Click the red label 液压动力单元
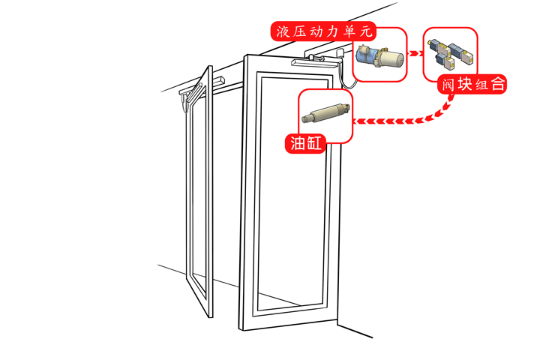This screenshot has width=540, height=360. tap(323, 32)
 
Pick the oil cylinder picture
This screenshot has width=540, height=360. tap(325, 114)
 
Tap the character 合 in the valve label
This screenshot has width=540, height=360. tap(496, 85)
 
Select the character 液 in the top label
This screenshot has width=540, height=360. tap(283, 32)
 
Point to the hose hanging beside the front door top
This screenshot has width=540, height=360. tap(343, 67)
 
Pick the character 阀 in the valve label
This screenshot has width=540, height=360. tap(447, 85)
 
